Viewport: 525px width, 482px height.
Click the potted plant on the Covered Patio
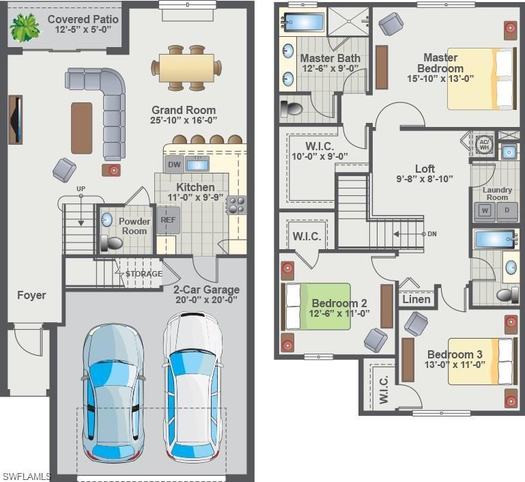point(25,27)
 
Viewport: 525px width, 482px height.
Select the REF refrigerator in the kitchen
point(168,221)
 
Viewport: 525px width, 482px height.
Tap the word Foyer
point(31,296)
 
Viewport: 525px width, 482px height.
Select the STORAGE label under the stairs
point(144,274)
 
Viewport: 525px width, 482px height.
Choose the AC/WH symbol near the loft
point(484,143)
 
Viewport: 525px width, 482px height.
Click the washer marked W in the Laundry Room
point(485,210)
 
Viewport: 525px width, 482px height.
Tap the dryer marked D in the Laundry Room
point(506,210)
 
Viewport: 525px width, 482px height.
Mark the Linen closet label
point(416,299)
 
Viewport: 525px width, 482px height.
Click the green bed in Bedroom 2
point(317,307)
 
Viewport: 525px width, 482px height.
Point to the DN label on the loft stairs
point(431,234)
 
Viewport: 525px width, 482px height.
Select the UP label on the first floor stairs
point(81,188)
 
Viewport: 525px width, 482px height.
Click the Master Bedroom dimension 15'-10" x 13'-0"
point(440,79)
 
